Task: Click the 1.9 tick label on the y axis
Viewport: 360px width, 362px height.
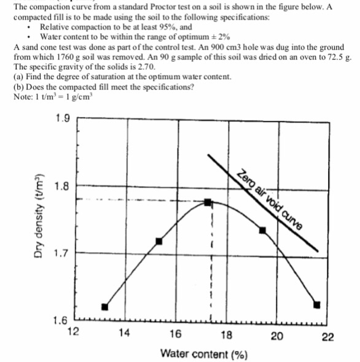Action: pos(60,118)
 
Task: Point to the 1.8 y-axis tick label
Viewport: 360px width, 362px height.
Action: pos(61,185)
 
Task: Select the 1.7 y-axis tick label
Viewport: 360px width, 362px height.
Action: pos(61,252)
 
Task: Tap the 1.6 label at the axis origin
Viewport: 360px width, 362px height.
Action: pos(61,320)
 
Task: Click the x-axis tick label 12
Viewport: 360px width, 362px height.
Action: pos(72,334)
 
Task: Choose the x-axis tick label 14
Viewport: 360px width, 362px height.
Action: pos(124,334)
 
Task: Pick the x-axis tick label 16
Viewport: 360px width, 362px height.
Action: pos(176,334)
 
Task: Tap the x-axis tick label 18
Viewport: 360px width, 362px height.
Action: pos(226,334)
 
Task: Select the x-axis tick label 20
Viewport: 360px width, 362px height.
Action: pos(276,334)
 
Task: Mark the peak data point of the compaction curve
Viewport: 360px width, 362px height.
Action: pos(208,202)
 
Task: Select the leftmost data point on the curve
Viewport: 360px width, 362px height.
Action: pos(104,306)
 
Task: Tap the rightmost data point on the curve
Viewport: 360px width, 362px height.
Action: pos(317,304)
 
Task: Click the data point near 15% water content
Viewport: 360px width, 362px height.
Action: pos(158,241)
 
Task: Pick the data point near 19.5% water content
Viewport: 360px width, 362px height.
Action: pos(262,230)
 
